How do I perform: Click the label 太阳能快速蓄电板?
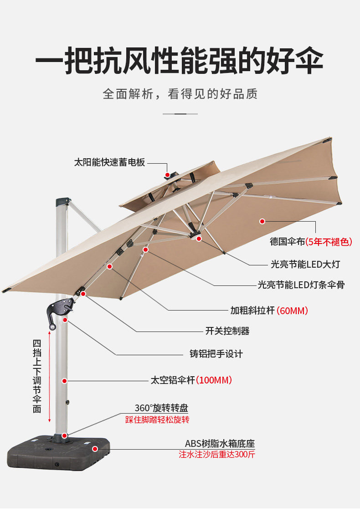pyautogui.click(x=109, y=162)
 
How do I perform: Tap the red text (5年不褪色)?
pyautogui.click(x=329, y=242)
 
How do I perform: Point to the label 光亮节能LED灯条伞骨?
pyautogui.click(x=301, y=285)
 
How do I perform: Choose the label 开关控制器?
pyautogui.click(x=227, y=331)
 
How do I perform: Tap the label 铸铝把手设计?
pyautogui.click(x=216, y=353)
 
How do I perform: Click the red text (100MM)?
pyautogui.click(x=214, y=380)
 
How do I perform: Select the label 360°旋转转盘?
pyautogui.click(x=161, y=408)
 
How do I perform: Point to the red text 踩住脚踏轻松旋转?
pyautogui.click(x=157, y=420)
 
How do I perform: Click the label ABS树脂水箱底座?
pyautogui.click(x=220, y=443)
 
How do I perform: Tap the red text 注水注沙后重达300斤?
pyautogui.click(x=217, y=455)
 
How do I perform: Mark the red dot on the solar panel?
pyautogui.click(x=168, y=175)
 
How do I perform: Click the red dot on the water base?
pyautogui.click(x=95, y=449)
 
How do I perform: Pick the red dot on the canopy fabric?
pyautogui.click(x=262, y=221)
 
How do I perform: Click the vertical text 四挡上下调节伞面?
pyautogui.click(x=37, y=376)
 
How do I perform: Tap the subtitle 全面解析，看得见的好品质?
pyautogui.click(x=180, y=94)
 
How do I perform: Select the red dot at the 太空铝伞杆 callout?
pyautogui.click(x=65, y=380)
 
